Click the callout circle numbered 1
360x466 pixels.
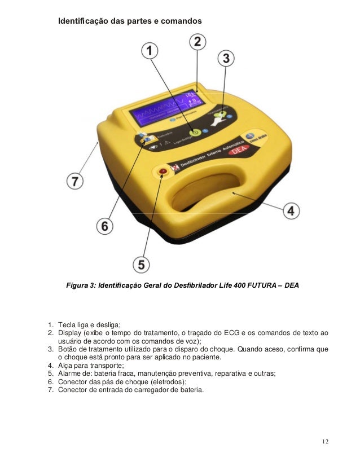coord(150,51)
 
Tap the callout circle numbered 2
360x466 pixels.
coord(197,41)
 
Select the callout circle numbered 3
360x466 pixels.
coord(226,58)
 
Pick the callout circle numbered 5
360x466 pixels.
coord(141,264)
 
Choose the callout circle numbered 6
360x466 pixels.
coord(104,226)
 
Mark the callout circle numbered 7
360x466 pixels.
coord(76,182)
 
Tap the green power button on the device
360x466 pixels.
coord(194,133)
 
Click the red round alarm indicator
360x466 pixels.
coord(163,170)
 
